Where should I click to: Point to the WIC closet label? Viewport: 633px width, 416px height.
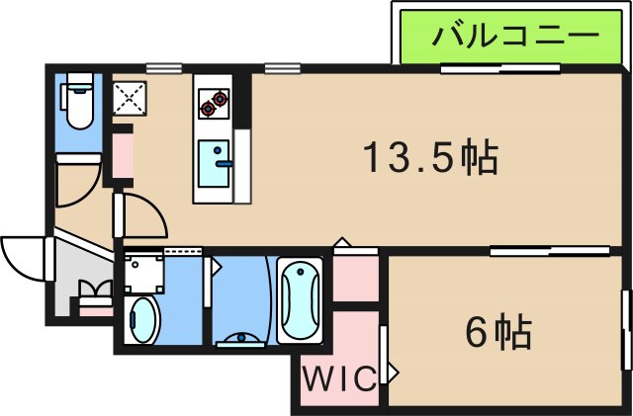pos(339,378)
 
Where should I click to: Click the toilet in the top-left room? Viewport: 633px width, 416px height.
pos(77,104)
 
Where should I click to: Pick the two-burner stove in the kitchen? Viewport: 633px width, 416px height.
pos(213,100)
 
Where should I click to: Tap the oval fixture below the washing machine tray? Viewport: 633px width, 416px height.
pos(144,319)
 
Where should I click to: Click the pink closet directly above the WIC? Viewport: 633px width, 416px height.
pos(355,279)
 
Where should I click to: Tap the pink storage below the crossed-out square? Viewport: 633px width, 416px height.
pos(123,152)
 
